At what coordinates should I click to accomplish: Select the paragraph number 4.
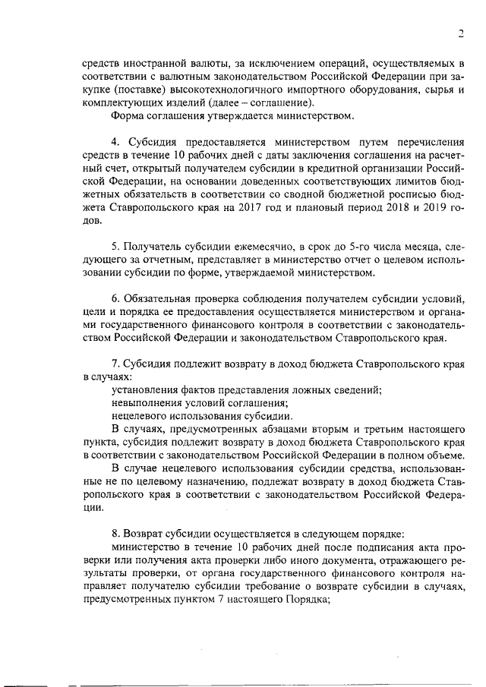115,142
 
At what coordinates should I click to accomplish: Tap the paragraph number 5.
115,247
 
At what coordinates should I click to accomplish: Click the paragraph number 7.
115,364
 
